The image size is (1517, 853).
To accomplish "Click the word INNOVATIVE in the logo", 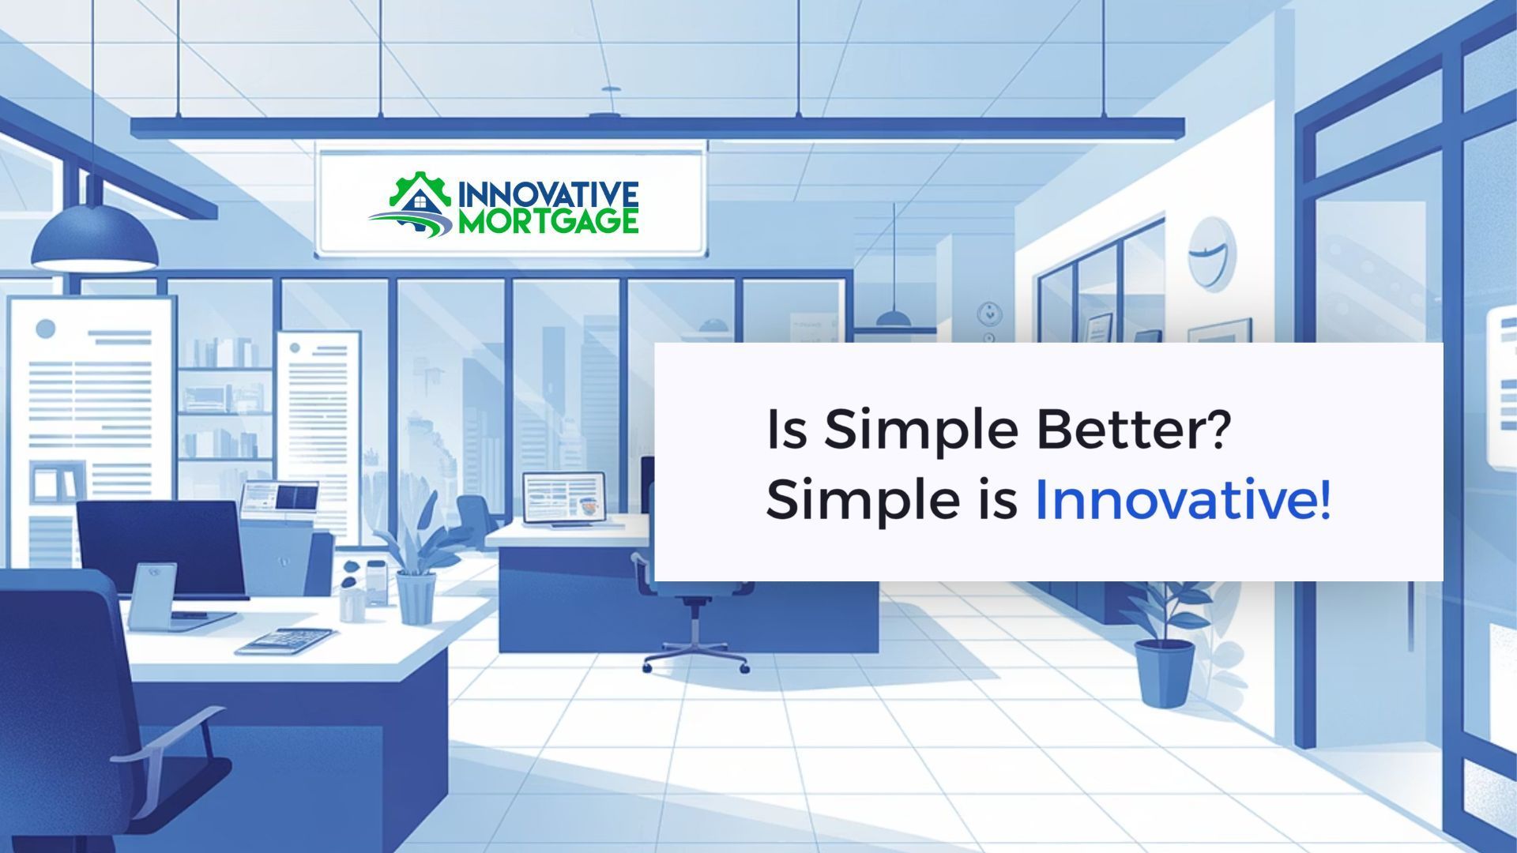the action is tap(548, 194).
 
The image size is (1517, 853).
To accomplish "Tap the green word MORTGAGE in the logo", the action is tap(548, 221).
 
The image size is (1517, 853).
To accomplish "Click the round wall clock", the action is tap(1212, 254).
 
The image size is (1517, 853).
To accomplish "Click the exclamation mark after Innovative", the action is tap(1324, 500).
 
